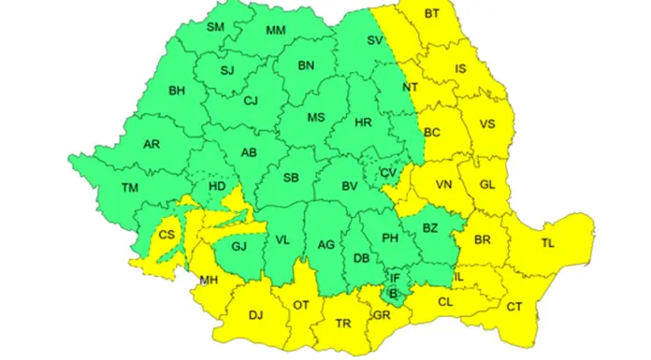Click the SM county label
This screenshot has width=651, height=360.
(216, 27)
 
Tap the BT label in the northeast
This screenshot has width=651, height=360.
(431, 14)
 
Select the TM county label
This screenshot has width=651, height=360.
(131, 187)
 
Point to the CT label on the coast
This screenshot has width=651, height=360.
(514, 307)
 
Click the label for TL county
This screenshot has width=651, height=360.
(547, 243)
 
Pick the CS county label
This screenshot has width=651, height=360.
(167, 235)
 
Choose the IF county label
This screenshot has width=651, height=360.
(396, 278)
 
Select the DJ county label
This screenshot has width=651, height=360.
(255, 315)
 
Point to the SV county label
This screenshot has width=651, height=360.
(375, 40)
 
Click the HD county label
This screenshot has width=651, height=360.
(217, 187)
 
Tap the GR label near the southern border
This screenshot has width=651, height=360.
(381, 315)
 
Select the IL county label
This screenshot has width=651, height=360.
(457, 277)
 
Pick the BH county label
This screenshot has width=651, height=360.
(177, 91)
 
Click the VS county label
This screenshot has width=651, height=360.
(486, 124)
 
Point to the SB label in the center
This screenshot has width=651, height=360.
(291, 177)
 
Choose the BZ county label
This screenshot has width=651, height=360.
(430, 227)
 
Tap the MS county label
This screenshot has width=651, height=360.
(315, 117)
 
